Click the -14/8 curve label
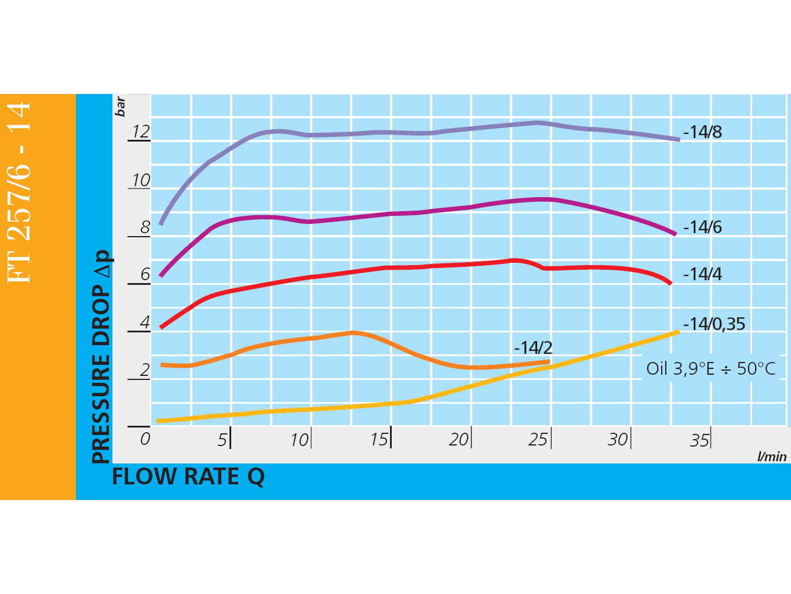pos(702,132)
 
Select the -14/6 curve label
pos(702,227)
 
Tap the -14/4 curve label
pos(702,274)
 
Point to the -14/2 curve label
pos(533,347)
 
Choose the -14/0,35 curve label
pos(714,324)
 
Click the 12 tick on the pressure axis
pos(141,132)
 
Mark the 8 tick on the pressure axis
pos(145,227)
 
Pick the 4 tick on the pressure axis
pos(145,322)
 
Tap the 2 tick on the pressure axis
pos(145,370)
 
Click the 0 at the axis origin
pos(145,439)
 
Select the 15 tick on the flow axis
pos(379,440)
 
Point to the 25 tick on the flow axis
pos(538,440)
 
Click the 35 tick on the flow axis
pos(699,440)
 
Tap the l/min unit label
pos(772,457)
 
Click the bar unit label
pos(120,107)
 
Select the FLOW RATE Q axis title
pos(188,477)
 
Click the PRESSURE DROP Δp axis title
pos(101,357)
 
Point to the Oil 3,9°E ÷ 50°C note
pos(710,368)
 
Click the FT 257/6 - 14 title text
pos(19,192)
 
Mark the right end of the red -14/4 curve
pos(670,283)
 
